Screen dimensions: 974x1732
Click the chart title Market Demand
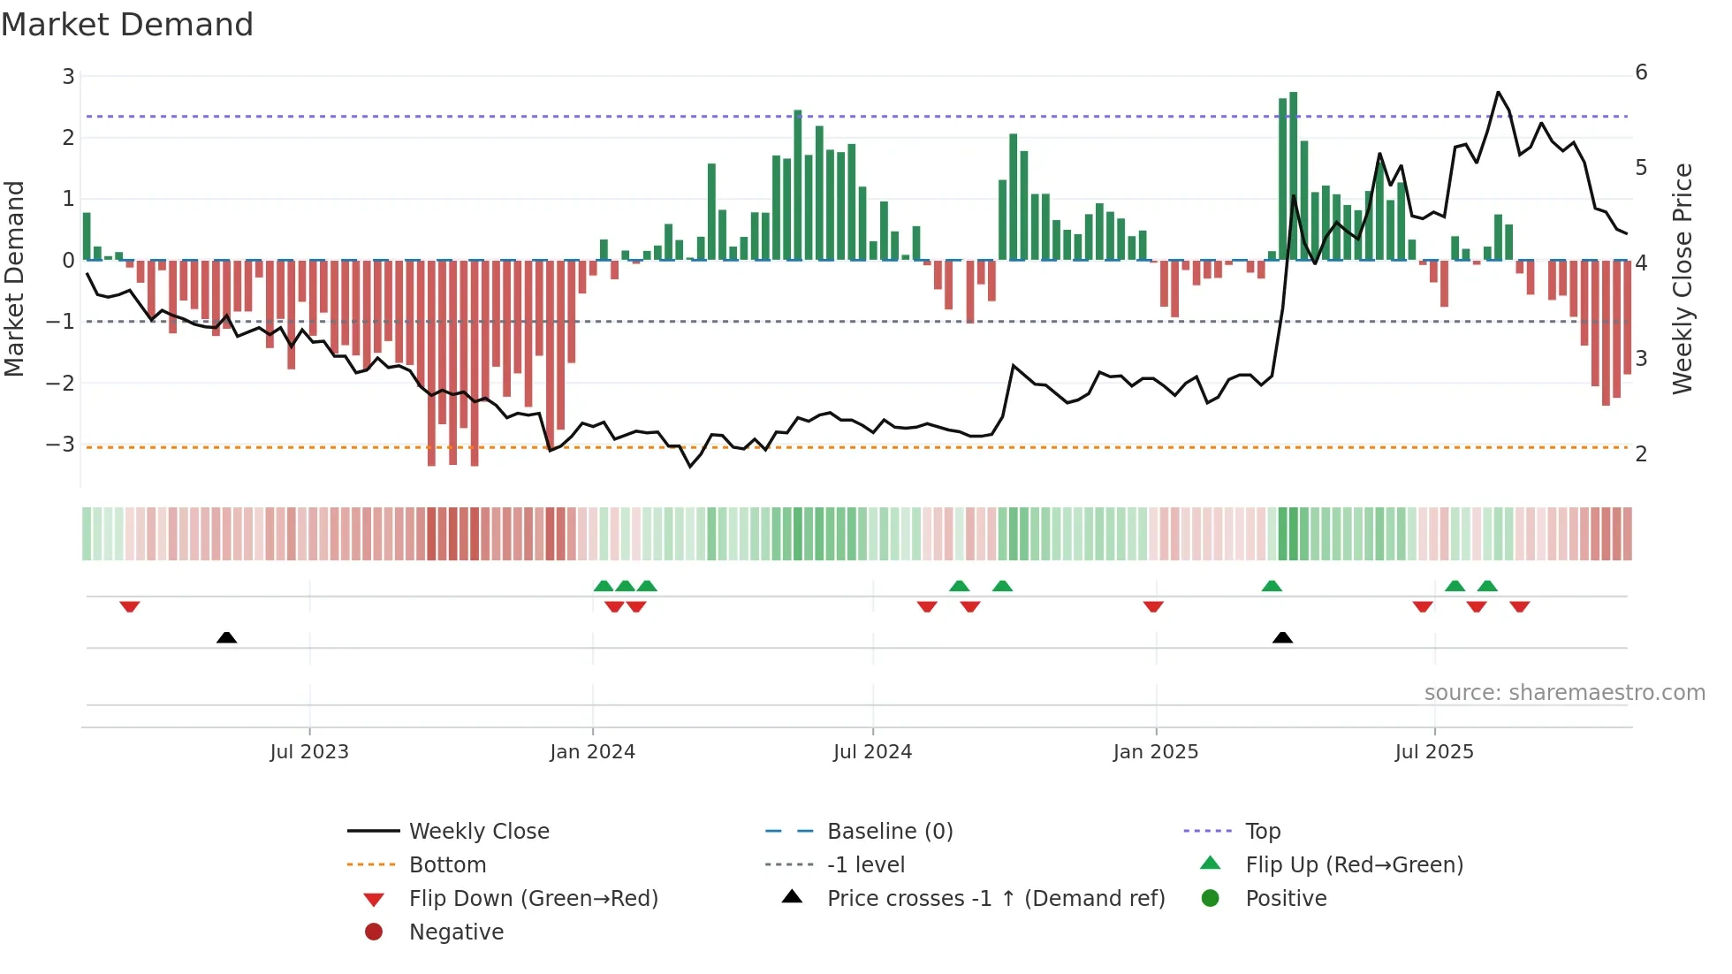pyautogui.click(x=127, y=25)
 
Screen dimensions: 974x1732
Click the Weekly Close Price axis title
pyautogui.click(x=1682, y=278)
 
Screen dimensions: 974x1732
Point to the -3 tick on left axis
pyautogui.click(x=61, y=444)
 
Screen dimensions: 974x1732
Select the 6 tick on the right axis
pyautogui.click(x=1641, y=72)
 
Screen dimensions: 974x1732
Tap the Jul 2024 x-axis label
pyautogui.click(x=872, y=752)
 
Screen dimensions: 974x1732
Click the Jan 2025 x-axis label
pyautogui.click(x=1155, y=752)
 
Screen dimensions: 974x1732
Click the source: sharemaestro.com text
pyautogui.click(x=1564, y=693)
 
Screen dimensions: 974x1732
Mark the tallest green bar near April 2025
pyautogui.click(x=1293, y=177)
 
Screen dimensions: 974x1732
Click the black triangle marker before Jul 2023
pyautogui.click(x=227, y=637)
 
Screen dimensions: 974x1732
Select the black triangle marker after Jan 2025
pyautogui.click(x=1282, y=637)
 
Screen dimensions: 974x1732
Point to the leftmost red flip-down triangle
pyautogui.click(x=130, y=606)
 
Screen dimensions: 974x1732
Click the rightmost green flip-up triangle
pyautogui.click(x=1487, y=586)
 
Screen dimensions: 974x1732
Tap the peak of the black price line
pyautogui.click(x=1498, y=92)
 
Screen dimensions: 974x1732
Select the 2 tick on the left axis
pyautogui.click(x=68, y=137)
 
